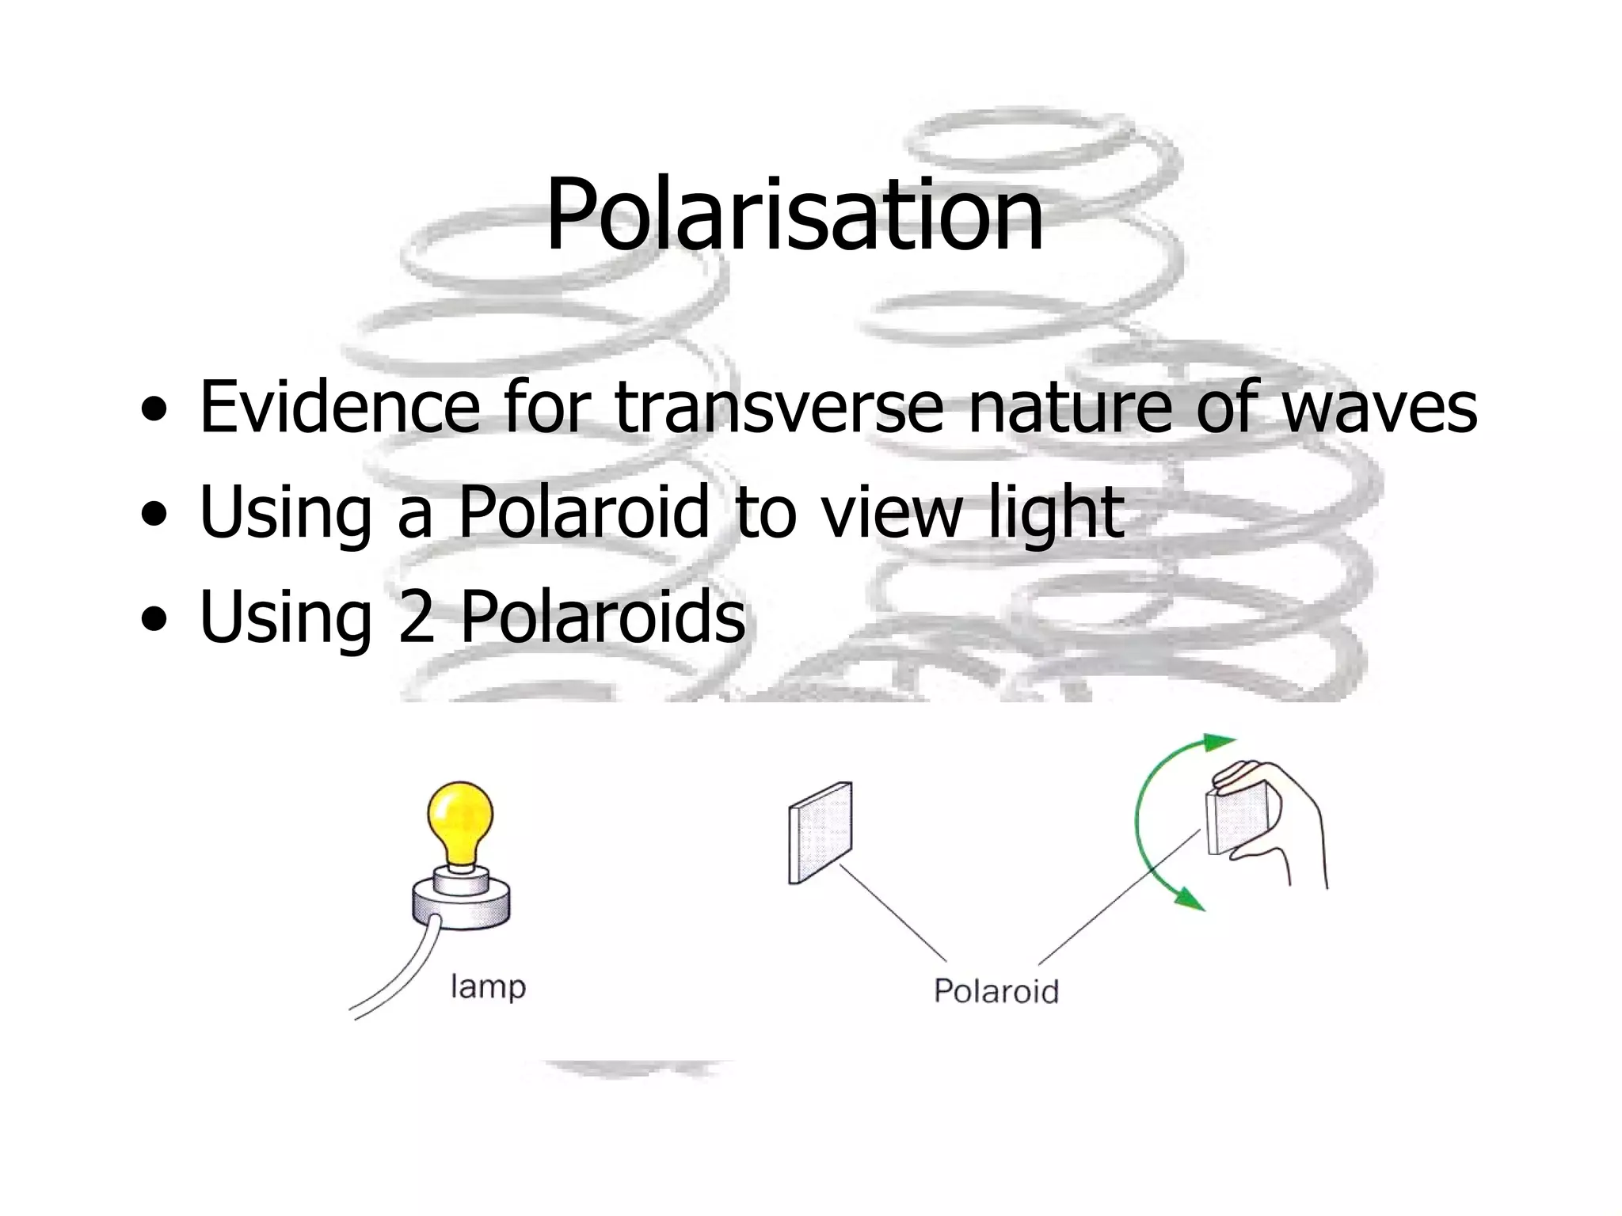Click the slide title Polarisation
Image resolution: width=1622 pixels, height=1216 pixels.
click(x=794, y=215)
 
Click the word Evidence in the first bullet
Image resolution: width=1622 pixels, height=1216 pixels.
click(x=340, y=407)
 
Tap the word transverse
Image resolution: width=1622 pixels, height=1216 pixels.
click(x=779, y=407)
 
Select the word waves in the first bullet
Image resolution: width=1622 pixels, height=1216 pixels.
click(x=1380, y=407)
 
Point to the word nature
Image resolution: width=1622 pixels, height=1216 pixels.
click(x=1069, y=407)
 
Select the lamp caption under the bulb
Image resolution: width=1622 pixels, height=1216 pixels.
click(x=488, y=987)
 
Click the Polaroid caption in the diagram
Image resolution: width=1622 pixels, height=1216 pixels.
click(x=996, y=990)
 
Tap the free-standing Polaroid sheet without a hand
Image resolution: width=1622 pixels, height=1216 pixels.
click(x=821, y=833)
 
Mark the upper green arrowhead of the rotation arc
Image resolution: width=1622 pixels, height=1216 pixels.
click(x=1216, y=743)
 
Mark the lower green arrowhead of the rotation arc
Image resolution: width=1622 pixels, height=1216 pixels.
click(x=1188, y=898)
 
